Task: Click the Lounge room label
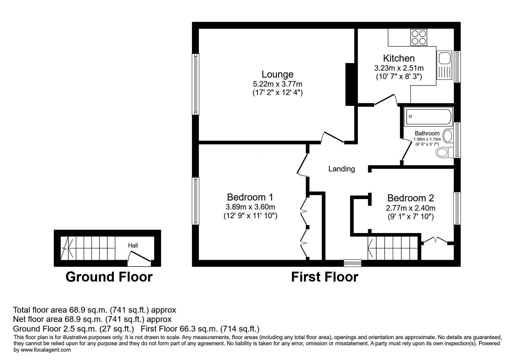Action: (x=277, y=74)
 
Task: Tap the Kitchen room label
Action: (x=399, y=58)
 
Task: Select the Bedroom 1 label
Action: (x=250, y=197)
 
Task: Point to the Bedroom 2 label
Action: (x=411, y=198)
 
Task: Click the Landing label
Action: (x=342, y=169)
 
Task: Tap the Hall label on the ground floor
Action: (x=133, y=246)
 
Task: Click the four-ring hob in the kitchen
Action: (x=419, y=37)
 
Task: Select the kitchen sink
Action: (x=444, y=65)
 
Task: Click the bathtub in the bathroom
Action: (x=428, y=117)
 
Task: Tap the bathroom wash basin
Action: (x=448, y=136)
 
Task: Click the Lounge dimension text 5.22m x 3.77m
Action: (x=277, y=84)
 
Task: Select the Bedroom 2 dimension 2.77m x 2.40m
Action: (x=411, y=208)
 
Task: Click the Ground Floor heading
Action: (x=109, y=277)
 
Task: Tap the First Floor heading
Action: (x=325, y=277)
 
